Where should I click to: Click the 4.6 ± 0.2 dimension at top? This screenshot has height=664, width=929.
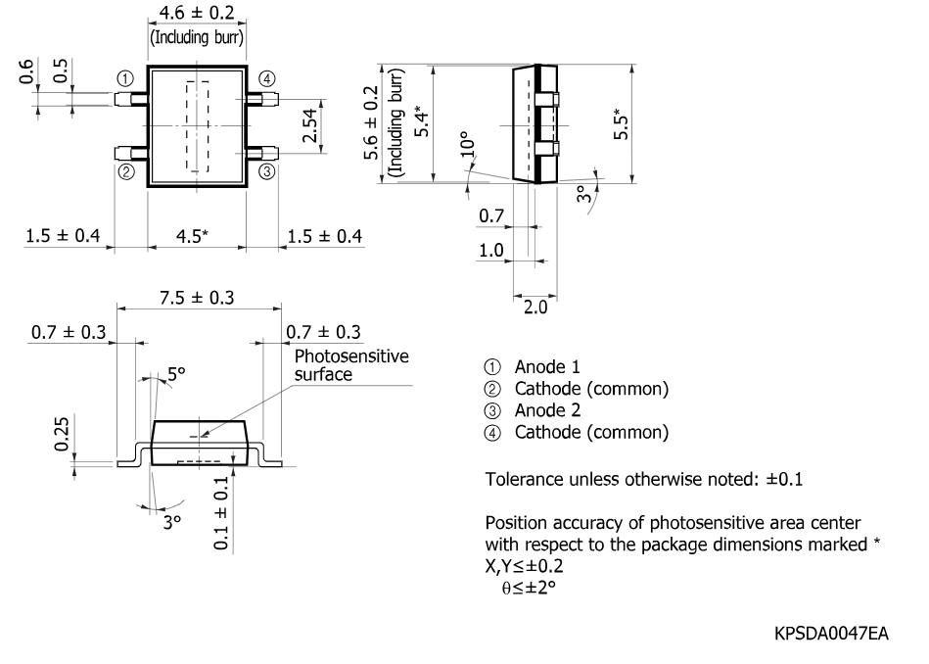click(197, 13)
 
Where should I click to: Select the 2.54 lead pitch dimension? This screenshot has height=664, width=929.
click(310, 126)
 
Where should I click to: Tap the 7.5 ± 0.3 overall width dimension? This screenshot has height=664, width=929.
click(197, 297)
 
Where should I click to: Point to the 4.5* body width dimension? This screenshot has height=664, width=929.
click(192, 236)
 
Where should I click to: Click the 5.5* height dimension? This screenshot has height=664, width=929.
click(621, 124)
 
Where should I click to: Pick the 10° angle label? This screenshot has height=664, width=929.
click(468, 144)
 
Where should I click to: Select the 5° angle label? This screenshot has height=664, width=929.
click(176, 374)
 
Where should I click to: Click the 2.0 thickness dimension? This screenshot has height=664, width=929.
click(535, 308)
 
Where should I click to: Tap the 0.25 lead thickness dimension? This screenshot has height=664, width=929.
click(63, 435)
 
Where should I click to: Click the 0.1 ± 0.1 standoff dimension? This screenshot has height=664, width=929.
click(220, 513)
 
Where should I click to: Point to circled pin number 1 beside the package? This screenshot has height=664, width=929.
click(125, 78)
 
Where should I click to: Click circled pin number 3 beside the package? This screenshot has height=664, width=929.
click(267, 171)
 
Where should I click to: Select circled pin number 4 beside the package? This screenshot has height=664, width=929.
click(267, 78)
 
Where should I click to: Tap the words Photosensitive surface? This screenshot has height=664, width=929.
click(351, 365)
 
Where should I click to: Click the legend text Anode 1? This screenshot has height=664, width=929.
click(547, 367)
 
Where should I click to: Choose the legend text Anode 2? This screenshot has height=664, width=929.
click(547, 410)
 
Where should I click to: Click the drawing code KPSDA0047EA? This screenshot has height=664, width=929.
click(831, 634)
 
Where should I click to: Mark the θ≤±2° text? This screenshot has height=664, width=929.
click(529, 588)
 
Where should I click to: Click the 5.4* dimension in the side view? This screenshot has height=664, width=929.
click(421, 121)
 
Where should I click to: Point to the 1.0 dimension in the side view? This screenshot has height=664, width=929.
click(491, 250)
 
